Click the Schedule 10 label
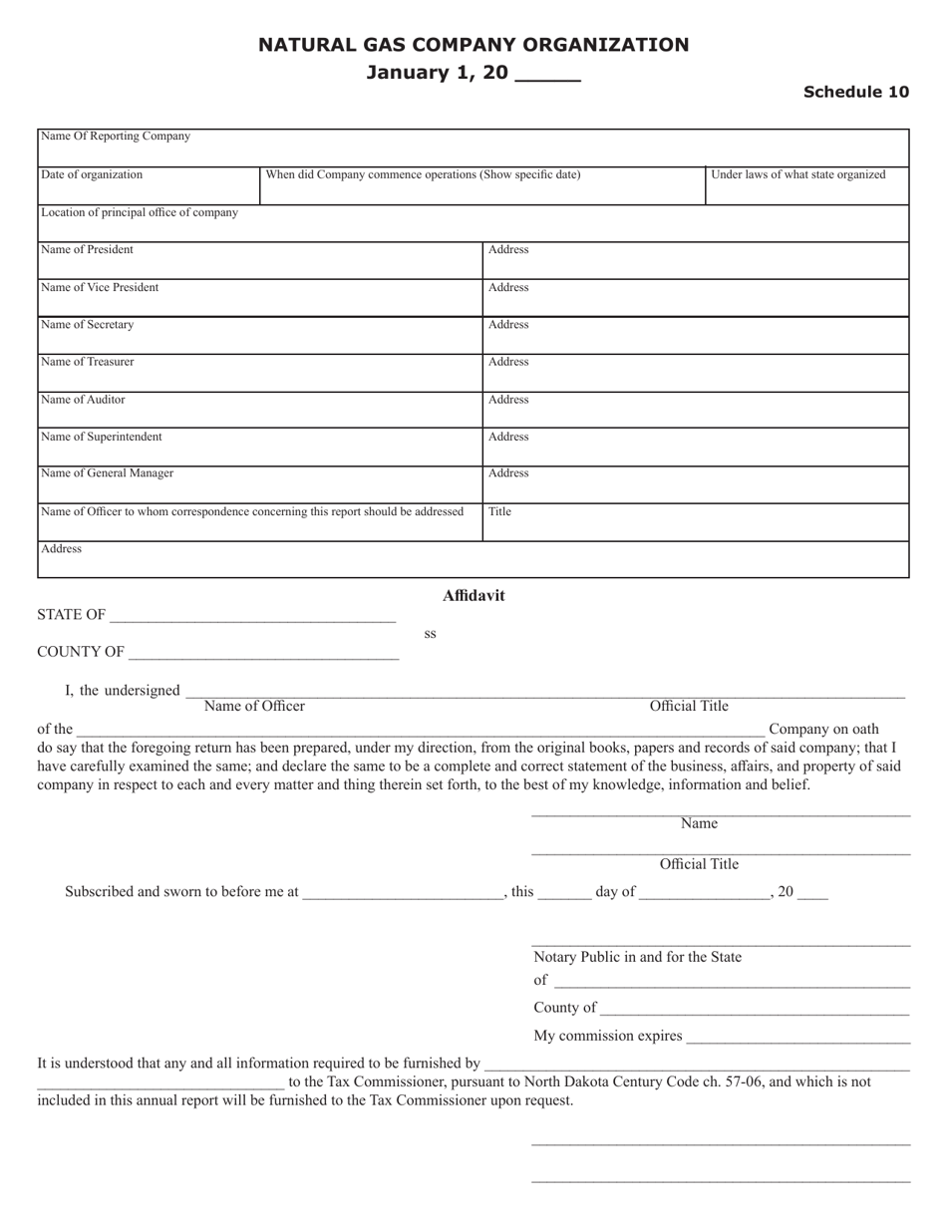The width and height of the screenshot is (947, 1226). (856, 92)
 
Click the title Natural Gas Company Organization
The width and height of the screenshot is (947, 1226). (473, 45)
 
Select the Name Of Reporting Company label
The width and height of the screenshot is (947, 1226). (115, 137)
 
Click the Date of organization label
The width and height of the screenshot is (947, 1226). (92, 174)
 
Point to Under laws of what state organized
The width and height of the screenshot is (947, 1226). (797, 174)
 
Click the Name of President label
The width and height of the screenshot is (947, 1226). (87, 249)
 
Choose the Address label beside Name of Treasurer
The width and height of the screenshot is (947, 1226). (508, 362)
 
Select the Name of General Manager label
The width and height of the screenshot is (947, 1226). (107, 473)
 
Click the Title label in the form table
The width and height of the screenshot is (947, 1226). (500, 511)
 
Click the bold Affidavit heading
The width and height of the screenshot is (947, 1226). (473, 596)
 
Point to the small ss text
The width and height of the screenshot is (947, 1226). (430, 634)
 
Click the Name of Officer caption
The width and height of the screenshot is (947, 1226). (254, 707)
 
